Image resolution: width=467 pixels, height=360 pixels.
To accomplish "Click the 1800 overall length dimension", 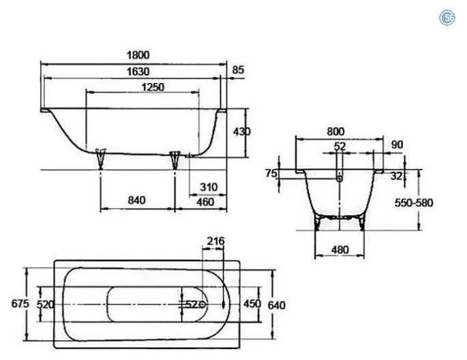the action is point(138,55).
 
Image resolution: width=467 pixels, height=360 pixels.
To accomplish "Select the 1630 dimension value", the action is point(138,72).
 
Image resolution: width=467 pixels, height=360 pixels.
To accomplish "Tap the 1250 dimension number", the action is point(153,87).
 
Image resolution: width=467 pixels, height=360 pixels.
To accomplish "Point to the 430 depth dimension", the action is point(242,132).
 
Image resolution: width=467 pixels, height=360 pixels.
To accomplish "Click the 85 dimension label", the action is point(238,70).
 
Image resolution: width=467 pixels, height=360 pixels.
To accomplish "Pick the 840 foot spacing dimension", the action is point(137,200).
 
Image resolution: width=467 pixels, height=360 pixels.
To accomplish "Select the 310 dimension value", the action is point(209,187).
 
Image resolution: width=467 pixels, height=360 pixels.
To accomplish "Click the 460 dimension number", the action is point(205,202).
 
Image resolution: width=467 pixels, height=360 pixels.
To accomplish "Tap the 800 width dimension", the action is point(335,132).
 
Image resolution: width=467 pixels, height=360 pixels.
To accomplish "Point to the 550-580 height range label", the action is point(414,202).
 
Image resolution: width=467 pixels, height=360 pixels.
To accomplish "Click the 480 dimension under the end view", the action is point(340,250).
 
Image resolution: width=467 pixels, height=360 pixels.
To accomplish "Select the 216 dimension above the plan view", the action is point(215,241).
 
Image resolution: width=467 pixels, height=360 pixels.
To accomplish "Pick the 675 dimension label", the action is point(20,303).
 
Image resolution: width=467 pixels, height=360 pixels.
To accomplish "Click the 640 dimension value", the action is point(277,305).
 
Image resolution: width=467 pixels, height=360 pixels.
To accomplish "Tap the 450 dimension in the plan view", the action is point(252,303).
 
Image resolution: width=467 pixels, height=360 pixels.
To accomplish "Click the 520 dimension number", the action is point(45,304).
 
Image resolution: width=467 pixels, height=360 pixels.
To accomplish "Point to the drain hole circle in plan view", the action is point(203,304).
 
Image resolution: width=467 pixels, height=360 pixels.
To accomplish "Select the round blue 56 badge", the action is point(447,18).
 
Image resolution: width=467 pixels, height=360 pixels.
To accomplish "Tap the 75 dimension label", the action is point(271,173).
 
